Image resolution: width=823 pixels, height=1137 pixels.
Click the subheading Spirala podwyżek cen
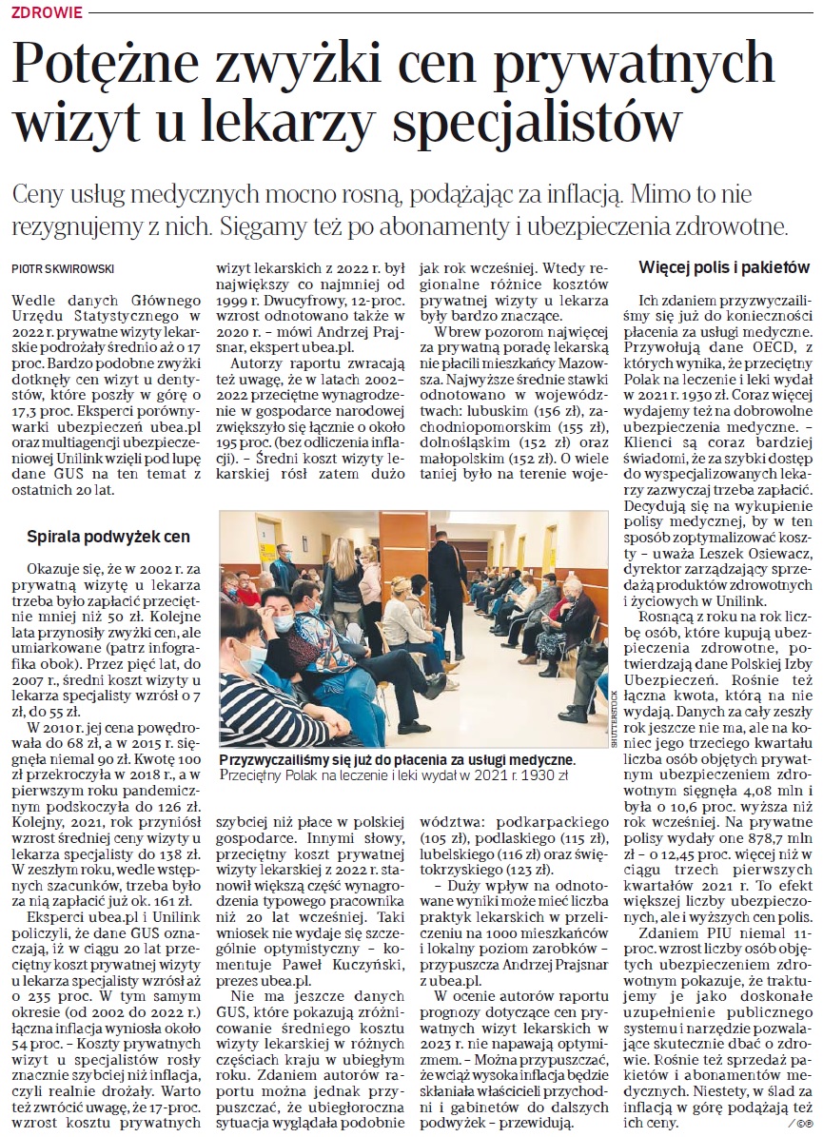pyautogui.click(x=109, y=536)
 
